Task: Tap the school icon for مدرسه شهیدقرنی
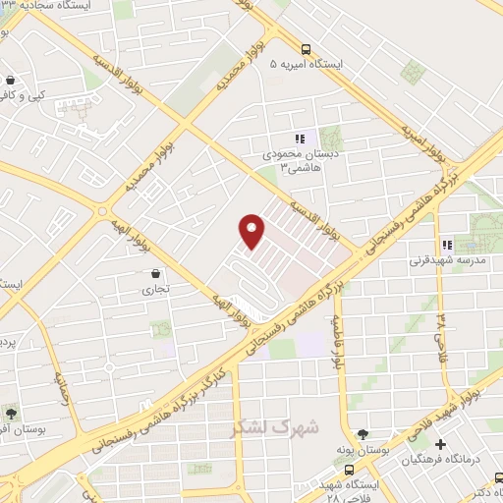click(x=447, y=244)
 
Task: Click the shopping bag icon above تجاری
click(x=157, y=272)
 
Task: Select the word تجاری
click(x=157, y=290)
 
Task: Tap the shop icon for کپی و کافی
click(x=10, y=81)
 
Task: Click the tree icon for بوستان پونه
click(x=363, y=433)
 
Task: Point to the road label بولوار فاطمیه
click(x=337, y=341)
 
